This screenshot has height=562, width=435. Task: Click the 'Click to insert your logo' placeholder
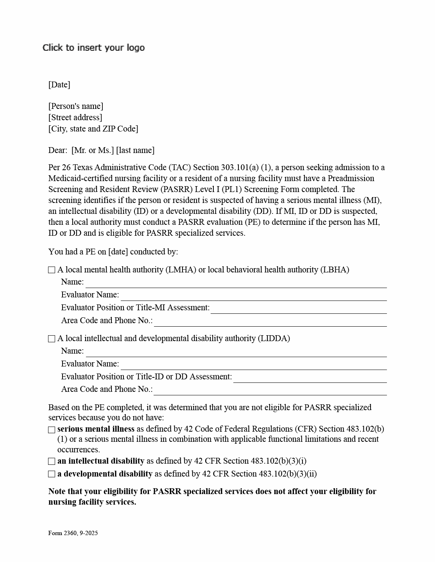tap(93, 48)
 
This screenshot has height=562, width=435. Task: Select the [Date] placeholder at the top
tap(59, 85)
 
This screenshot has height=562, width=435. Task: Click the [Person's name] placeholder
tap(76, 106)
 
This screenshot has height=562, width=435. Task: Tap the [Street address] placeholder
tap(75, 117)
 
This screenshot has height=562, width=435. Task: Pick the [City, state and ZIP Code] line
tap(93, 129)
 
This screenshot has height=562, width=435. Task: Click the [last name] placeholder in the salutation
tap(135, 150)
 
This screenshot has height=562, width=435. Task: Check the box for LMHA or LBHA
tap(52, 270)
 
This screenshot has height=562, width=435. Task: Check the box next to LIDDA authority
tap(52, 339)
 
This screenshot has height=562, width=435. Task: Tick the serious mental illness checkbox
tap(52, 430)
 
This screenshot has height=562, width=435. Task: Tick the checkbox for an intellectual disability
tap(52, 461)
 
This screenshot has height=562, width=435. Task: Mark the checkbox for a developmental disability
tap(52, 474)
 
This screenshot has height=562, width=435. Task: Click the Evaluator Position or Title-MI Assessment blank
tap(299, 309)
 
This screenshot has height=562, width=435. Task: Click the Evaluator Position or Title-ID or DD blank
tap(310, 378)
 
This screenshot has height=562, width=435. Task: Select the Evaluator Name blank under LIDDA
tap(254, 365)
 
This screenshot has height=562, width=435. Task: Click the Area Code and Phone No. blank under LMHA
tap(270, 322)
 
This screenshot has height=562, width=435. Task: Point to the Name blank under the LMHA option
tap(236, 283)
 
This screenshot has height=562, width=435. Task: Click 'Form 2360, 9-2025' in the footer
tap(73, 533)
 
